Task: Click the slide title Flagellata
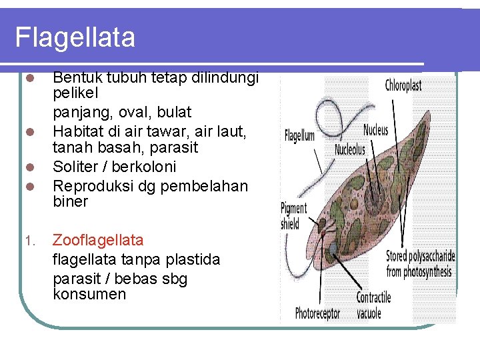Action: [75, 37]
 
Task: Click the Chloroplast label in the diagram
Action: [403, 85]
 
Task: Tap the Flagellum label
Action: [299, 136]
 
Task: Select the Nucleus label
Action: [376, 130]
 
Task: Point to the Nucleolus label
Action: [350, 150]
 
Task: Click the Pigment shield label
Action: [293, 216]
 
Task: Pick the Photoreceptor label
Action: [317, 313]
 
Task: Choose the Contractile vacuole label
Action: [373, 305]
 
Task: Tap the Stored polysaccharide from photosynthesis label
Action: [421, 263]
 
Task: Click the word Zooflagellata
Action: [98, 240]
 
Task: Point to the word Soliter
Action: [76, 166]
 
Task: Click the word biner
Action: [71, 201]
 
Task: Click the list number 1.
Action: [29, 241]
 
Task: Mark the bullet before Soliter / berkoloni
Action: [29, 167]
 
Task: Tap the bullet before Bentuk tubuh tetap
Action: [29, 78]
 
